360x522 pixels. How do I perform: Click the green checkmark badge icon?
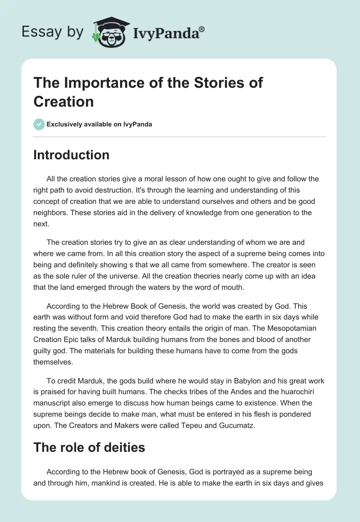tap(39, 124)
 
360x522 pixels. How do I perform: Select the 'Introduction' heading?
tap(71, 155)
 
